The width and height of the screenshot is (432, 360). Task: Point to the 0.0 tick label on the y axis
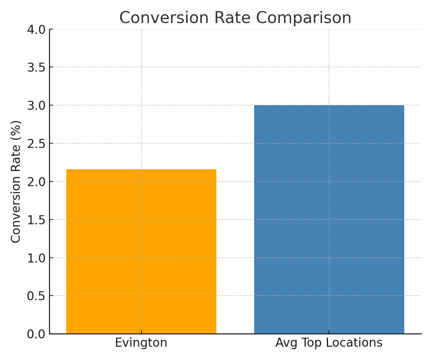point(36,334)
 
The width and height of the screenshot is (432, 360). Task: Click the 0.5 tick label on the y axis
point(36,296)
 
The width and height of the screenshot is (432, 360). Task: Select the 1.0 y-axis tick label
point(36,258)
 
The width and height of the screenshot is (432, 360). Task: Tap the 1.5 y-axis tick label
point(36,220)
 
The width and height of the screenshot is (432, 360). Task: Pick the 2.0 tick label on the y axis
point(36,181)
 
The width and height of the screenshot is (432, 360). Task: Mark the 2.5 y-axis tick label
point(36,143)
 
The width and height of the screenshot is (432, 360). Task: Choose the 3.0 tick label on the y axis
point(36,105)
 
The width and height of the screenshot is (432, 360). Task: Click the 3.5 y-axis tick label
point(36,67)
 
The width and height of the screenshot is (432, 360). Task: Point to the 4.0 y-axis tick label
point(36,29)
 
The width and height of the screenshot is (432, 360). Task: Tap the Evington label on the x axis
point(141,343)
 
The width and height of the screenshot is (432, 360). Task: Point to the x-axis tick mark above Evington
point(141,332)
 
